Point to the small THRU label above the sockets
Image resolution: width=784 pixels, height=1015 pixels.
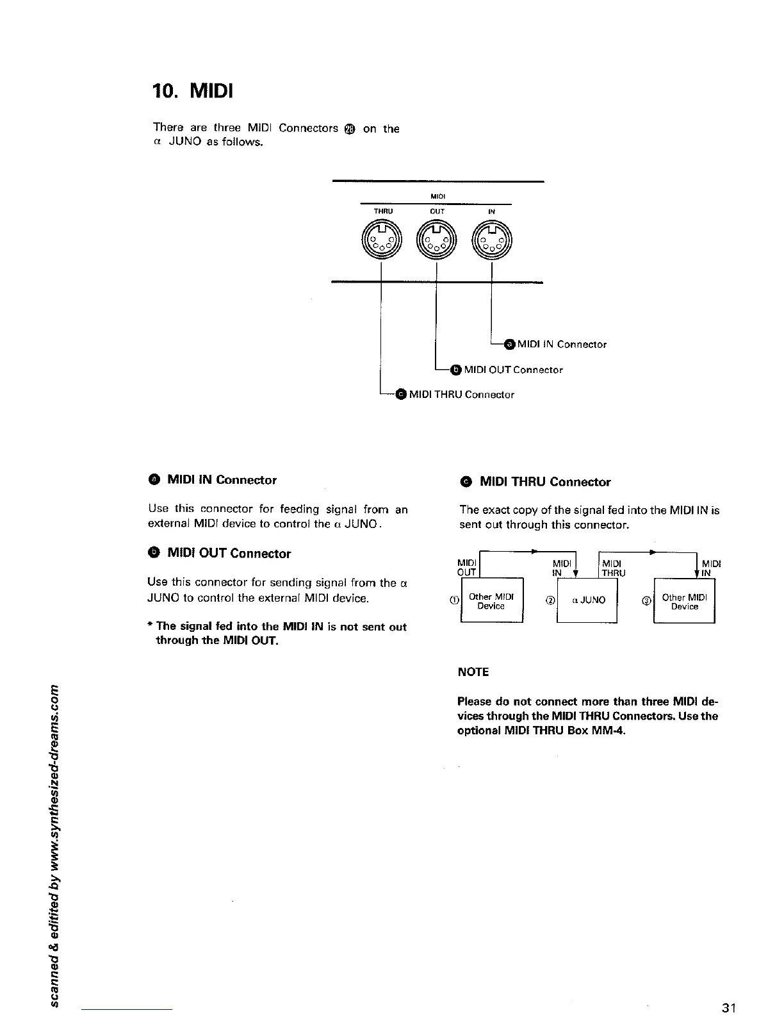[x=383, y=210]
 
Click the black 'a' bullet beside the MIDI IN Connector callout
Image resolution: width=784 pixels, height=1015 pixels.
[x=510, y=344]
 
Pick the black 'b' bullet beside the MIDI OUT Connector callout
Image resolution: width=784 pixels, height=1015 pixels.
[x=455, y=369]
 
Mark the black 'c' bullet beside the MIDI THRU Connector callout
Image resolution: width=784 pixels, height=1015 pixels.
[x=401, y=394]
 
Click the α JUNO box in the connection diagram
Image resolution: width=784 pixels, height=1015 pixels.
[x=587, y=600]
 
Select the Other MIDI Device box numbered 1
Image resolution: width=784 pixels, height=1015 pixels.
[x=491, y=600]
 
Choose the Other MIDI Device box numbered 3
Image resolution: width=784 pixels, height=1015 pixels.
[x=684, y=601]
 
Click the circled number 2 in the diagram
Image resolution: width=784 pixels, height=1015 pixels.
[x=550, y=600]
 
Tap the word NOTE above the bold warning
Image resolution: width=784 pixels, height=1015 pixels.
[x=473, y=672]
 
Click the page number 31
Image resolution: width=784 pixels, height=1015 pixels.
[x=728, y=1007]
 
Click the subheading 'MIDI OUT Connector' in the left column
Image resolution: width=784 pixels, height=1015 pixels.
[x=229, y=554]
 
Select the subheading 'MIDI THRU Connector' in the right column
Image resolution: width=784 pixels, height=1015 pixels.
[x=544, y=482]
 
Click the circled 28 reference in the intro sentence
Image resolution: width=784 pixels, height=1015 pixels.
[x=350, y=129]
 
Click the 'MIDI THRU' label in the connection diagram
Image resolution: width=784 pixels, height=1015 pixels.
[x=613, y=568]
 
